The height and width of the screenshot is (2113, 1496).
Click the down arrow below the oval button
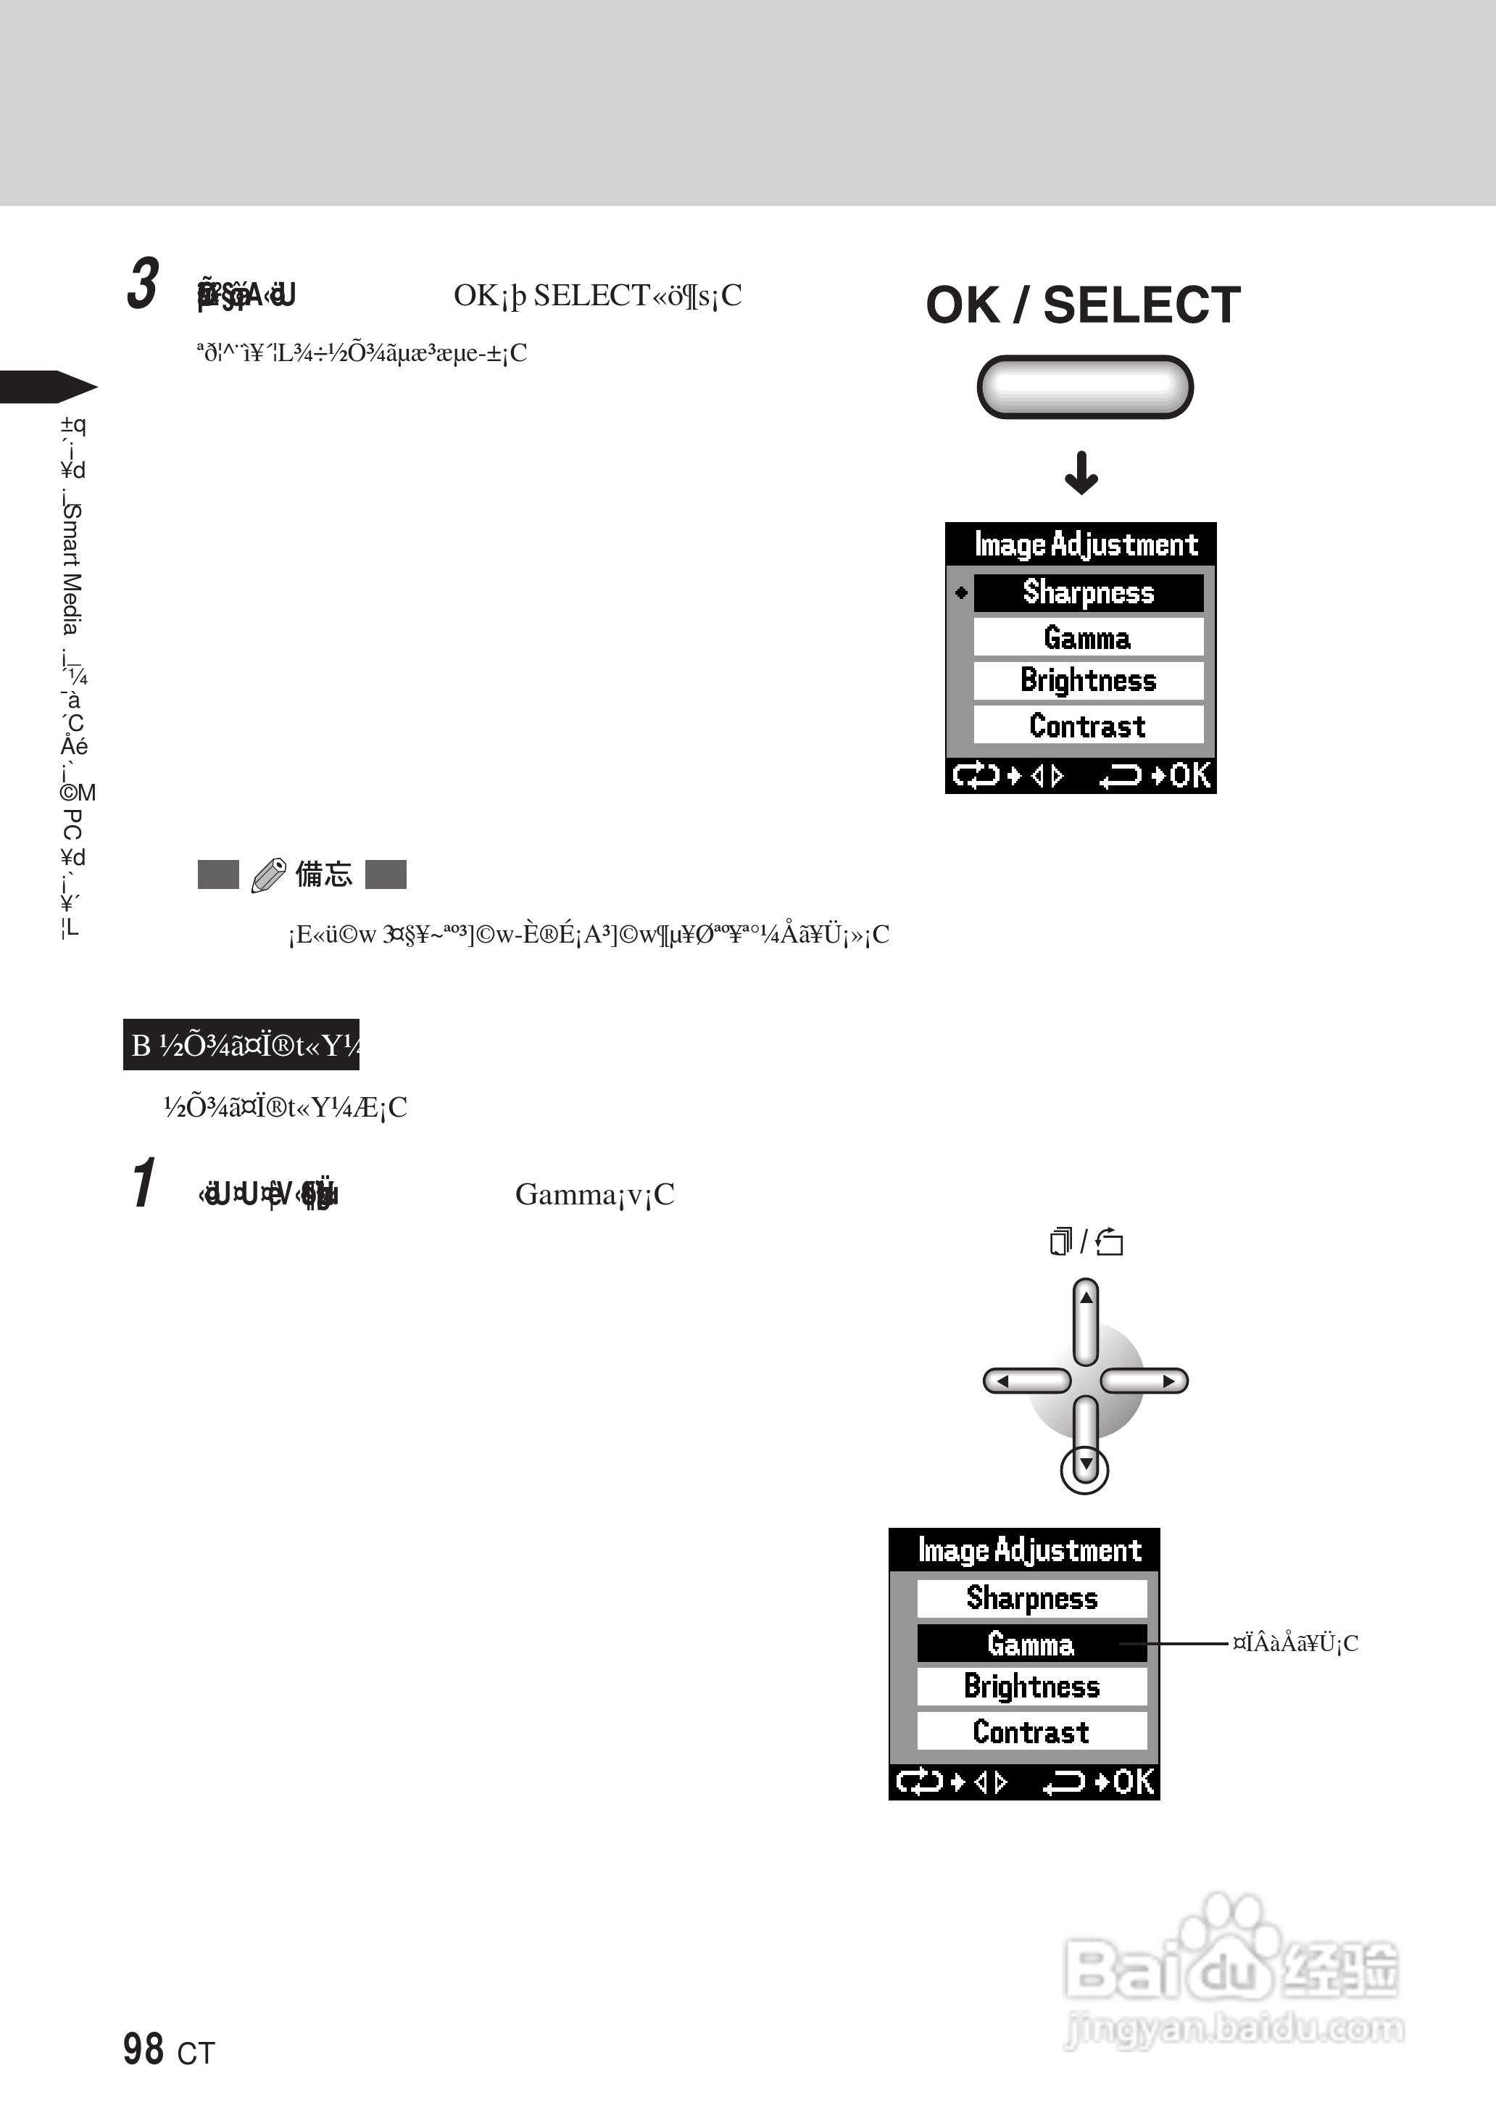tap(1081, 473)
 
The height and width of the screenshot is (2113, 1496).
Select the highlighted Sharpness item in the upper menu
tap(1088, 592)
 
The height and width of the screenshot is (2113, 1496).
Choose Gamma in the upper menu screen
tap(1088, 637)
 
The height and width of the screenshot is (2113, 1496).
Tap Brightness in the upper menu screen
tap(1088, 681)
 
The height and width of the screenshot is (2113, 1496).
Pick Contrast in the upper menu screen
tap(1088, 725)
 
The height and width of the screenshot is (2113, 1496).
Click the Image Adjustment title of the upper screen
tap(1085, 545)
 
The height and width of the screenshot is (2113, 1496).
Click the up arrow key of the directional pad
tap(1086, 1320)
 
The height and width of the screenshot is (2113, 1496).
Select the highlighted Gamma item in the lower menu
tap(1031, 1643)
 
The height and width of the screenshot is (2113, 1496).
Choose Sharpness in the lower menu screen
tap(1031, 1598)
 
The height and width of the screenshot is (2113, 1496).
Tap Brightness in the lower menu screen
tap(1031, 1687)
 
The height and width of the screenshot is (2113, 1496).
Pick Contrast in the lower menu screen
tap(1031, 1732)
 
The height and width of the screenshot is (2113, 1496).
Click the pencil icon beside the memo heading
tap(268, 874)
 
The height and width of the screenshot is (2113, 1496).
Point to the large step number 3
tap(143, 284)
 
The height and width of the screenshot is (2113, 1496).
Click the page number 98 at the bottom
tap(144, 2048)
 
